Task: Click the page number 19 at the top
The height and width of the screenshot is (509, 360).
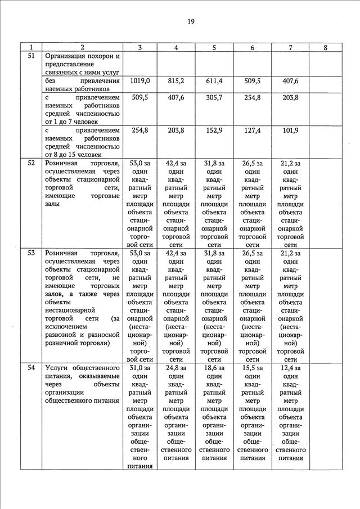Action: pos(191,21)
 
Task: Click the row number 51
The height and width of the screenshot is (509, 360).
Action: pos(31,56)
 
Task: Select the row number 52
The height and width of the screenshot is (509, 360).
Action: pos(31,163)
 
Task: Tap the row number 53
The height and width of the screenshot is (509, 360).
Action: pos(31,253)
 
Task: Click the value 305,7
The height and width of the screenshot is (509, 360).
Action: pos(214,97)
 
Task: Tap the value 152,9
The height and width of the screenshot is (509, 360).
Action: pos(214,130)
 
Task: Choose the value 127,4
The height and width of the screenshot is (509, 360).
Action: pos(253,130)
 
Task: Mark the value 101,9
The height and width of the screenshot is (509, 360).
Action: pos(290,130)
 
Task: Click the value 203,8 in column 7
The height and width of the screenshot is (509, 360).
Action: pos(290,97)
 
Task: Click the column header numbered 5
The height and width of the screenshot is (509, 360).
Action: pos(214,48)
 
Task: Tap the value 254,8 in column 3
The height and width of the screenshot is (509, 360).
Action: pos(139,130)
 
